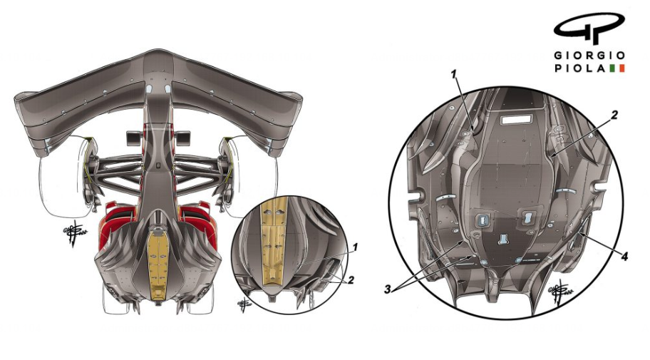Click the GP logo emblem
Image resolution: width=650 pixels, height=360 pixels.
[589, 27]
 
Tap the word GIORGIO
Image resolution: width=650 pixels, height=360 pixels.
[589, 55]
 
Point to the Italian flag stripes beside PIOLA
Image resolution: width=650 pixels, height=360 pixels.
[617, 68]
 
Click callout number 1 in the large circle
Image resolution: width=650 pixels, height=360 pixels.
[453, 74]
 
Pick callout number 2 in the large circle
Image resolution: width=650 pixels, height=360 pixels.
[614, 115]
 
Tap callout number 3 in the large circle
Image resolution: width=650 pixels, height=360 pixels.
[388, 289]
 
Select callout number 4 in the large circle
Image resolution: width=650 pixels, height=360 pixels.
[624, 257]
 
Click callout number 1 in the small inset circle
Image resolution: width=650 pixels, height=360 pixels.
[355, 247]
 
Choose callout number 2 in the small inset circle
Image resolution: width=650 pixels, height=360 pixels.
[351, 280]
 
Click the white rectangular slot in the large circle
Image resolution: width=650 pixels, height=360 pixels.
[516, 120]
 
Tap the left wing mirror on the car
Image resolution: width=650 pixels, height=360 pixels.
[133, 138]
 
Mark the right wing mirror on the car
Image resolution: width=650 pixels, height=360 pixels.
[183, 138]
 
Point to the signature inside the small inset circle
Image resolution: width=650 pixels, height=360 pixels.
[244, 304]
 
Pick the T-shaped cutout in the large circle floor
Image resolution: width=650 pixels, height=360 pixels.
[503, 240]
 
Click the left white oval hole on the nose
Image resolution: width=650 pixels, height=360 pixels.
[149, 88]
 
